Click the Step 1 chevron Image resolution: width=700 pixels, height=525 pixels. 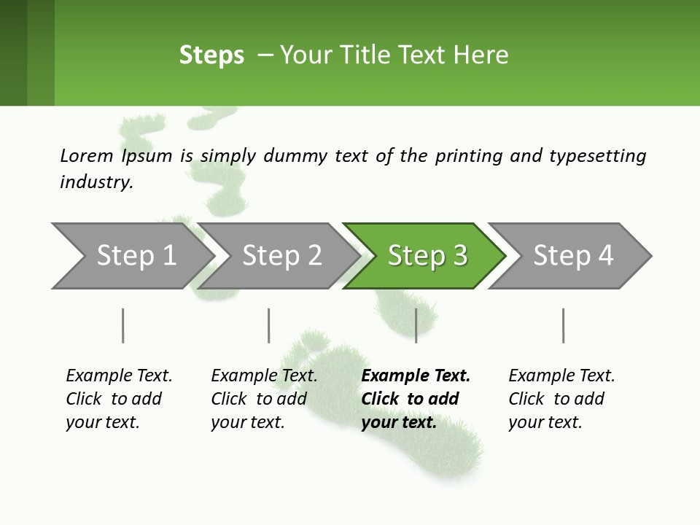coord(136,256)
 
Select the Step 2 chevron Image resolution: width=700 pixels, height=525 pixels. coord(281,256)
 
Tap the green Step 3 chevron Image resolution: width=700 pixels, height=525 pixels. coord(427,256)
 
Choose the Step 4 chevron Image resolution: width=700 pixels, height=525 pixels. coord(573,256)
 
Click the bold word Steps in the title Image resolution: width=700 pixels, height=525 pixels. coord(211,55)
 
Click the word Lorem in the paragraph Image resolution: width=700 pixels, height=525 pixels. coord(86,156)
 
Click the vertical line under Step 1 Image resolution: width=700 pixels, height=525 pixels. coord(122,325)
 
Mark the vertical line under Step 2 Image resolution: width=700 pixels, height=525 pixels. coord(269,325)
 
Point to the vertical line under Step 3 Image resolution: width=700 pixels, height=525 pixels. coord(416,325)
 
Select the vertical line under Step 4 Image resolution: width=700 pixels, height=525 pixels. coord(563,325)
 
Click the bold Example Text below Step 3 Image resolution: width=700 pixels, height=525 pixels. coord(416,376)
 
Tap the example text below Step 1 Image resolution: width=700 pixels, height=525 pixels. coord(119,398)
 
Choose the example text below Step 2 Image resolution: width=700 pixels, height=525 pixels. coord(264,398)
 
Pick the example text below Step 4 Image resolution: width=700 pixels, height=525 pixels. coord(561,398)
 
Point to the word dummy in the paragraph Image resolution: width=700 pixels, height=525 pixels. coord(295,156)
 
